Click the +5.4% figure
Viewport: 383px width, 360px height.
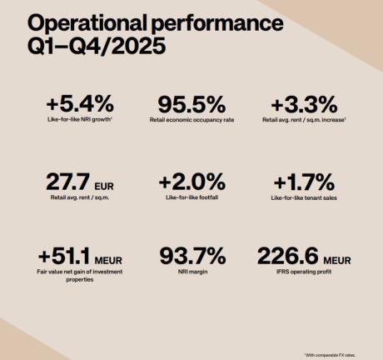click(80, 105)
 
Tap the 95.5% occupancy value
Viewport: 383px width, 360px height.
click(191, 105)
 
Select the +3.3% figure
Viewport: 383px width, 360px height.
click(304, 105)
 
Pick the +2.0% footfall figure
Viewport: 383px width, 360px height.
click(191, 181)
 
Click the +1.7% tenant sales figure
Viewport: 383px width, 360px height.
click(303, 181)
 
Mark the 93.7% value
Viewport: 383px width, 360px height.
click(191, 255)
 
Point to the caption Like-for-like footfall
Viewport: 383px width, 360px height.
click(191, 198)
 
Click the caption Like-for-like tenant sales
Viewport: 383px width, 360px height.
click(303, 198)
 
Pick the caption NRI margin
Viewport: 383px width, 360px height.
click(191, 272)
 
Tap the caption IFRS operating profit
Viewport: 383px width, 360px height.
click(303, 272)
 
